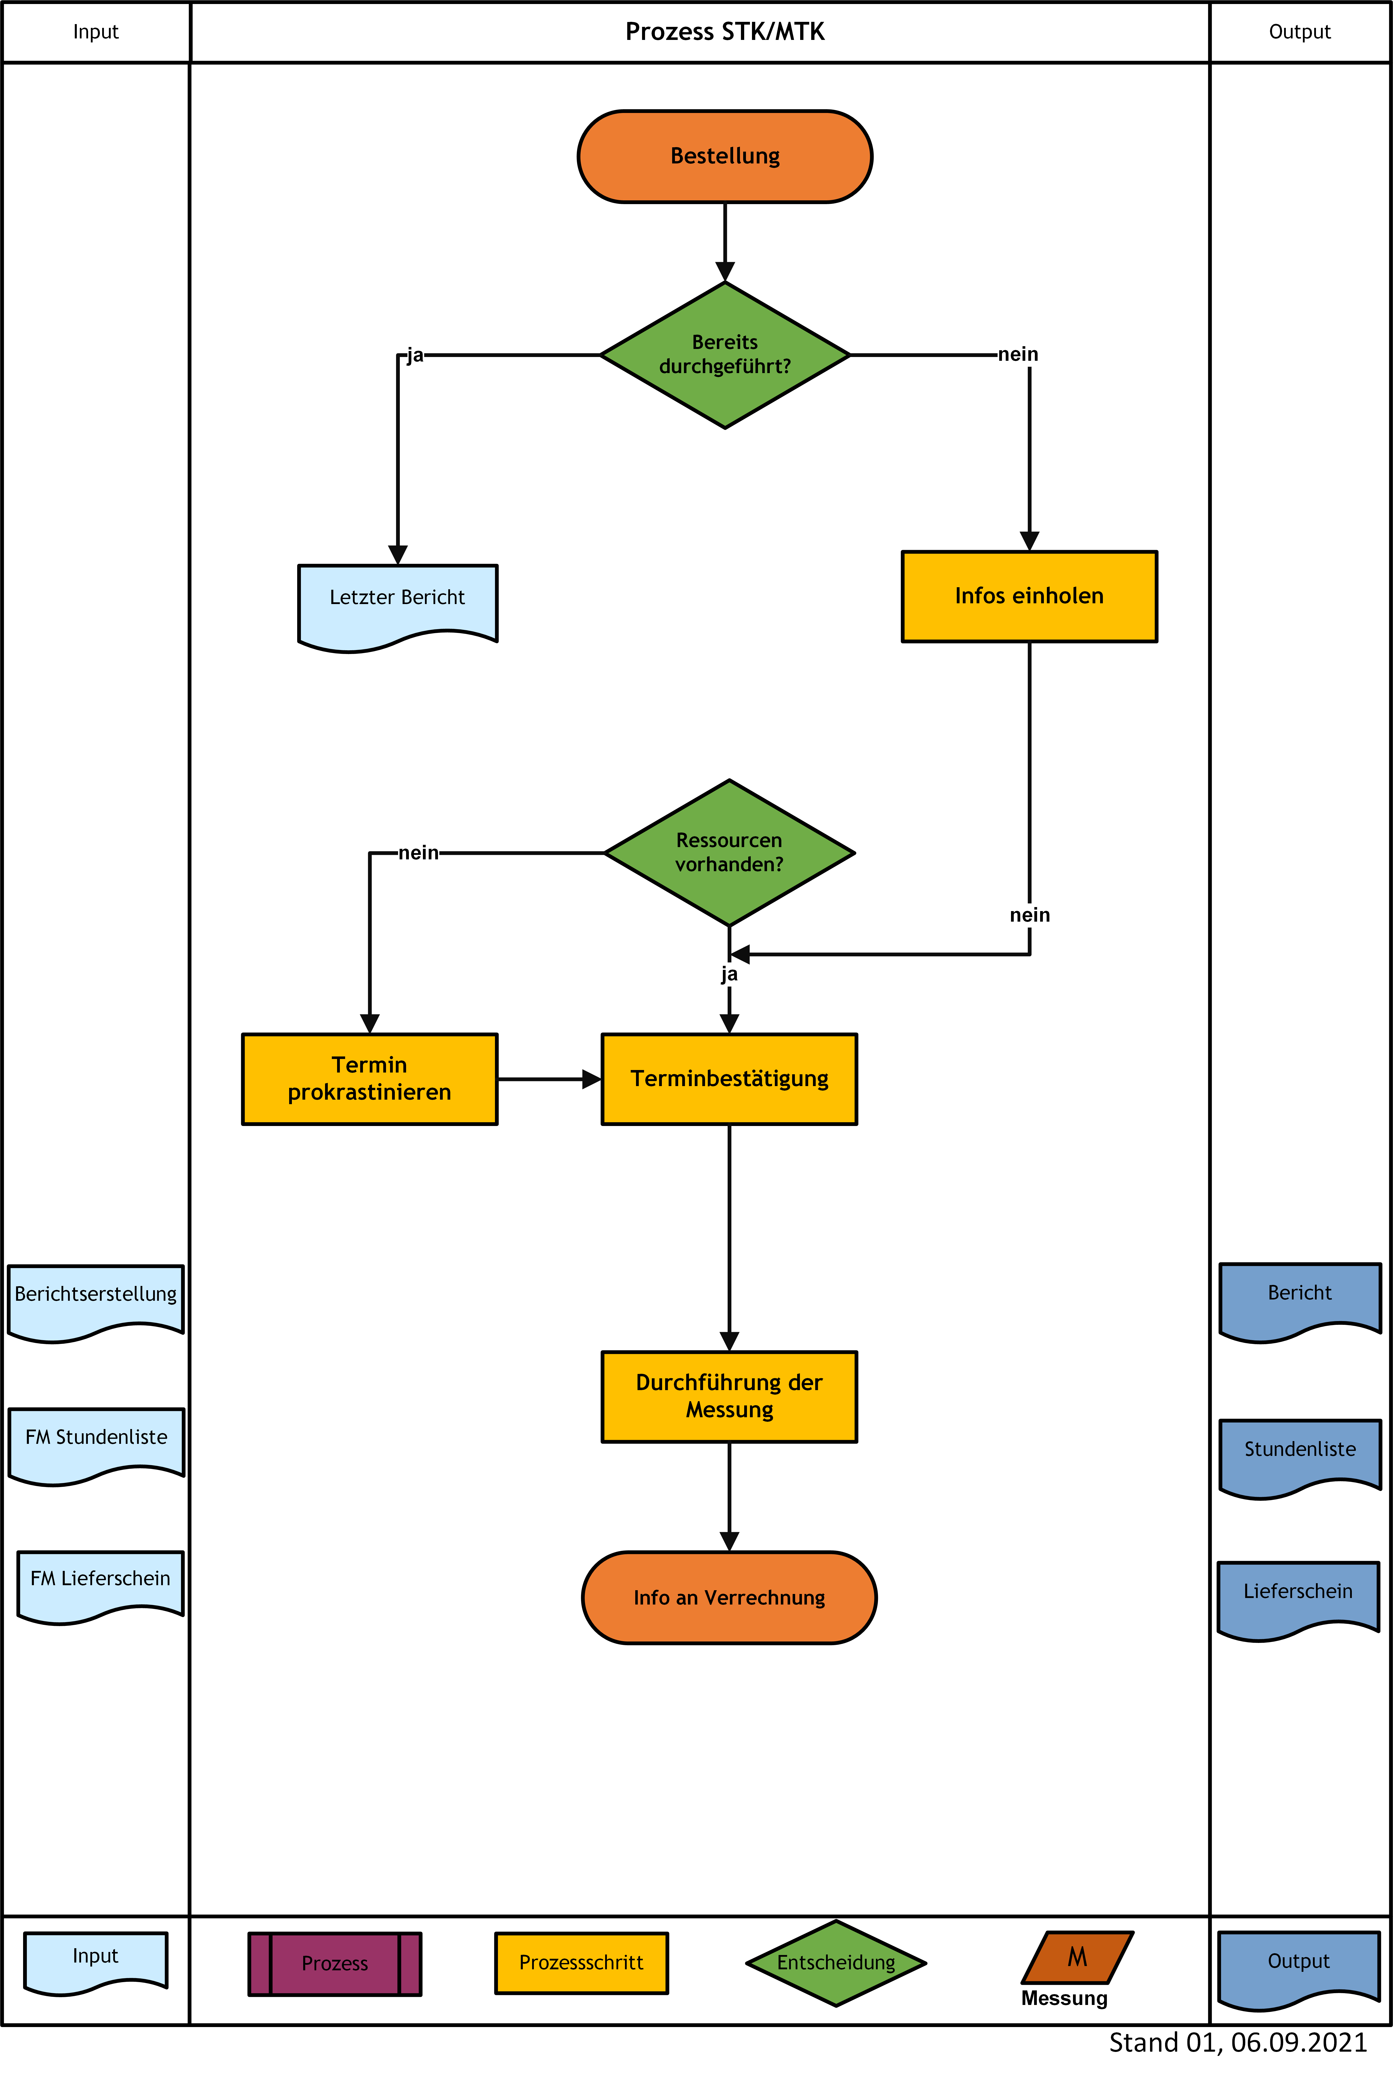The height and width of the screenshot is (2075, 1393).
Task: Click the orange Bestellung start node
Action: point(725,156)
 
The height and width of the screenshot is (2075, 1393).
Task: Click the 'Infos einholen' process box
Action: point(1030,596)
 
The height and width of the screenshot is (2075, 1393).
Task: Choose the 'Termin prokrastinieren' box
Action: point(369,1079)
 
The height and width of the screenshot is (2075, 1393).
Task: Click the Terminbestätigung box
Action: point(729,1079)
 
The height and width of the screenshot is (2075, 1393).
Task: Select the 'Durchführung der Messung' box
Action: point(729,1396)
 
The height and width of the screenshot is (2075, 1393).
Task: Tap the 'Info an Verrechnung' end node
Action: point(729,1598)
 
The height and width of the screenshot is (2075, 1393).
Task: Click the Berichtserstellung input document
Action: point(96,1302)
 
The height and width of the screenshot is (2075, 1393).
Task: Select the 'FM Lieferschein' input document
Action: point(100,1587)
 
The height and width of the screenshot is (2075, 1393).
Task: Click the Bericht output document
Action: point(1300,1301)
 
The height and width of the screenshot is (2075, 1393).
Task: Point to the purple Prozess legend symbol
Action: point(335,1963)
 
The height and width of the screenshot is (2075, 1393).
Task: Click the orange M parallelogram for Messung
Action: point(1078,1957)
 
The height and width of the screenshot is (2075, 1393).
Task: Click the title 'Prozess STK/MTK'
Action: point(725,32)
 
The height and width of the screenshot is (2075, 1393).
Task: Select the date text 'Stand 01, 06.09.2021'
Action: point(1238,2042)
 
